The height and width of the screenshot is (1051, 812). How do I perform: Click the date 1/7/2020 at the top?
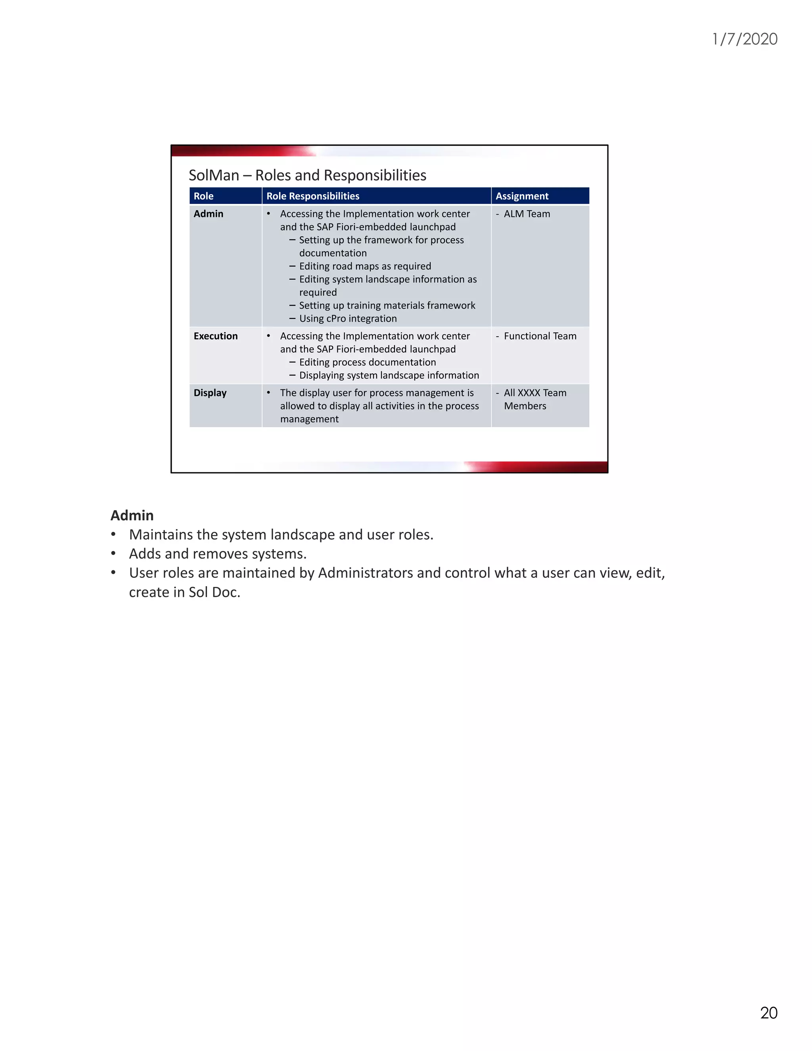pos(744,39)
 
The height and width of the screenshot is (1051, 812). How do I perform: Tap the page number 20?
pos(768,1013)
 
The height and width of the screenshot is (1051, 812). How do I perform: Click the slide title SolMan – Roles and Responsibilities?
pos(307,175)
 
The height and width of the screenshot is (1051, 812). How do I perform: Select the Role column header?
pos(203,196)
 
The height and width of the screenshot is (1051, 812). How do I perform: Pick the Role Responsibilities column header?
pos(313,196)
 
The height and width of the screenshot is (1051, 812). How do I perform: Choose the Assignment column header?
pos(522,196)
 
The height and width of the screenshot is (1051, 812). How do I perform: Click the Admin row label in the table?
pos(208,214)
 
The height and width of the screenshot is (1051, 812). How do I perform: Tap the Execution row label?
pos(216,336)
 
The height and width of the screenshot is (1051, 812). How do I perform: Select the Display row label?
pos(210,393)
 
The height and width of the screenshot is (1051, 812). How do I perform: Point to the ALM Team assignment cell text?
pos(527,214)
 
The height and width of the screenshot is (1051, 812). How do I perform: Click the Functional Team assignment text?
pos(540,336)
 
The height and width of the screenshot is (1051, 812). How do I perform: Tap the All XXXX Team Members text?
pos(534,399)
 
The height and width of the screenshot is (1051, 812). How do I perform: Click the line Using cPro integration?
pos(348,318)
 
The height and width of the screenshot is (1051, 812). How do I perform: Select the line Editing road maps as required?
pos(365,266)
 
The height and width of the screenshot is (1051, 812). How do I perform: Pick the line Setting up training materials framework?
pos(387,305)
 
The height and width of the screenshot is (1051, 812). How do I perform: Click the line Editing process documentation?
pos(367,362)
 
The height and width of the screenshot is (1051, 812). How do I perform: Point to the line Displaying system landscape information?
pos(389,375)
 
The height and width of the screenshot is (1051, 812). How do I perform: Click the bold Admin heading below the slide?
pos(132,516)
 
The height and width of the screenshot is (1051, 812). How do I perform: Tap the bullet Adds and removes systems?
pos(217,554)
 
